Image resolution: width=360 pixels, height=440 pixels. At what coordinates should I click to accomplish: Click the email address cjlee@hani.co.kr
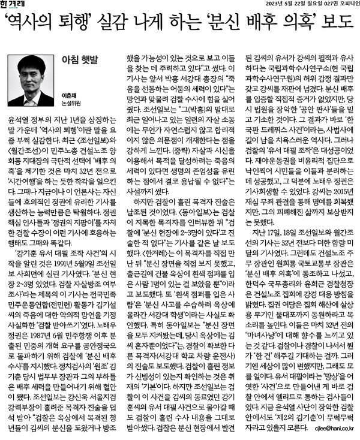(x=329, y=429)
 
